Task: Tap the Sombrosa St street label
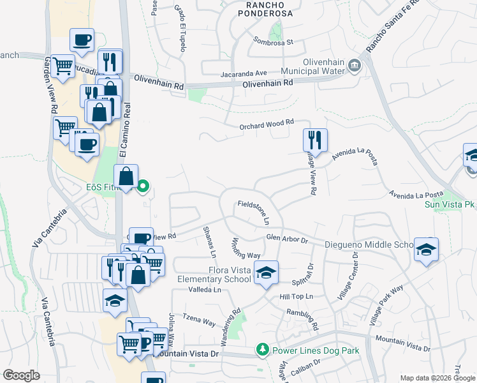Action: pos(272,43)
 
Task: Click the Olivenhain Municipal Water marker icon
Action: pos(355,64)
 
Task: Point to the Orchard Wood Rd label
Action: pos(267,123)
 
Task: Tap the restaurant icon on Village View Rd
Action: pos(315,140)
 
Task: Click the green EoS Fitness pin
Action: pos(143,187)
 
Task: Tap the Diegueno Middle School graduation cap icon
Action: pos(426,249)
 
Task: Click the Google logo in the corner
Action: pos(22,375)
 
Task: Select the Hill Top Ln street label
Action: pos(295,296)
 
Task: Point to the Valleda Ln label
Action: pos(204,289)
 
